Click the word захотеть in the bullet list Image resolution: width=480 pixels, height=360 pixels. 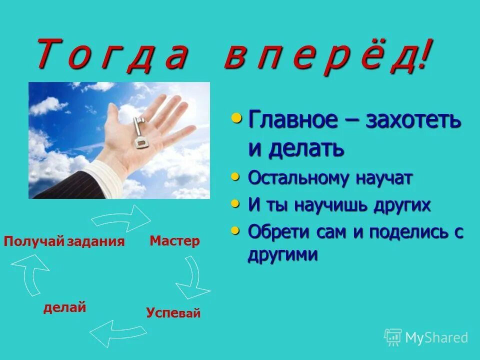pos(413,120)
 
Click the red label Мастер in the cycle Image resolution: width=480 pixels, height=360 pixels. pos(174,241)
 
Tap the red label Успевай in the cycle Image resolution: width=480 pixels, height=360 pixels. pos(173,313)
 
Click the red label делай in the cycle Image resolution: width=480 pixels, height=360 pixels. pos(65,307)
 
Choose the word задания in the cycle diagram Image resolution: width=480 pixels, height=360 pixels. pos(96,241)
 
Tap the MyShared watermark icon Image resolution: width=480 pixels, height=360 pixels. pos(393,337)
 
